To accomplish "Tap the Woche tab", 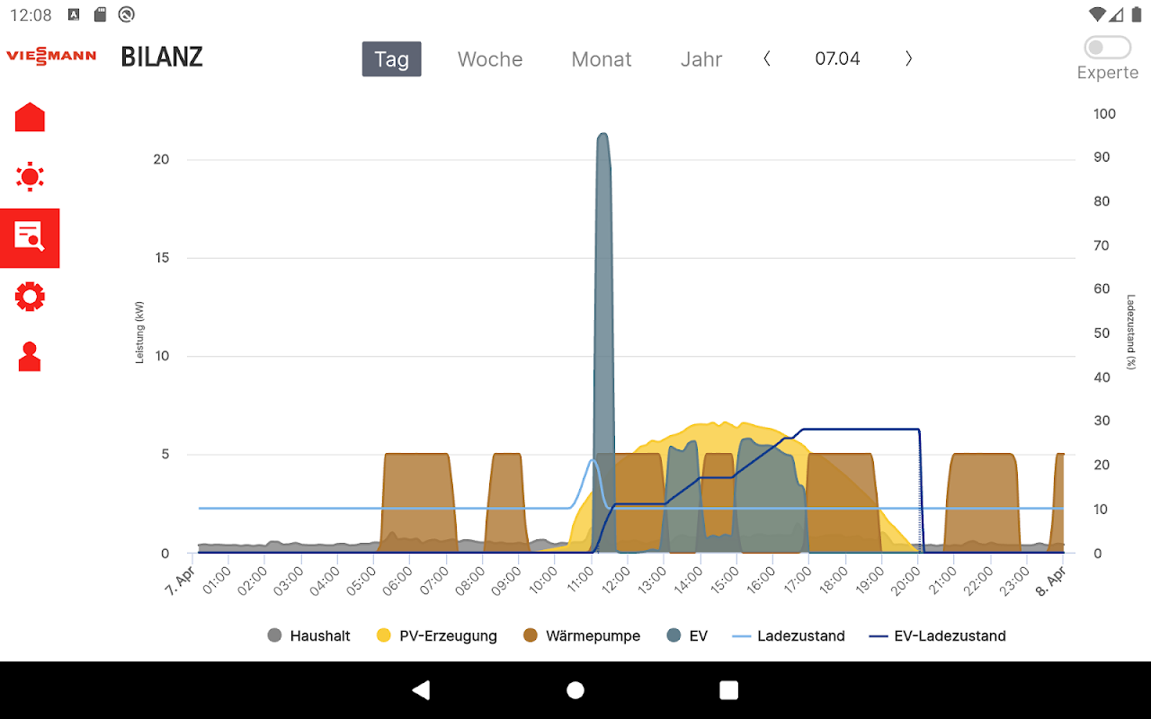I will pyautogui.click(x=490, y=59).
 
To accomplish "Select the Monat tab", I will pyautogui.click(x=602, y=59).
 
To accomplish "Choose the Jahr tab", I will pyautogui.click(x=701, y=59).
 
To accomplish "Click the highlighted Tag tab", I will pyautogui.click(x=391, y=59).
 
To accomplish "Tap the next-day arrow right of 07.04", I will pyautogui.click(x=908, y=58).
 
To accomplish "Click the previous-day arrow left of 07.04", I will pyautogui.click(x=767, y=58).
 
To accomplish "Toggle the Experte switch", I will pyautogui.click(x=1107, y=48).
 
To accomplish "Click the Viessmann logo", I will pyautogui.click(x=51, y=57).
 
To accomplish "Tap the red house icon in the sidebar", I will pyautogui.click(x=30, y=118).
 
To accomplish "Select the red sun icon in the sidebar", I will pyautogui.click(x=30, y=176).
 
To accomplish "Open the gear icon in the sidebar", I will pyautogui.click(x=30, y=297).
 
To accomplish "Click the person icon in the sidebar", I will pyautogui.click(x=30, y=357).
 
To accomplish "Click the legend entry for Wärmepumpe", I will pyautogui.click(x=582, y=636).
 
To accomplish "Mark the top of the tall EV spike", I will pyautogui.click(x=602, y=135).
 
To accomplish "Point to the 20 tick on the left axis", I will pyautogui.click(x=161, y=160).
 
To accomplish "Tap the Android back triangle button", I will pyautogui.click(x=420, y=690).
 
